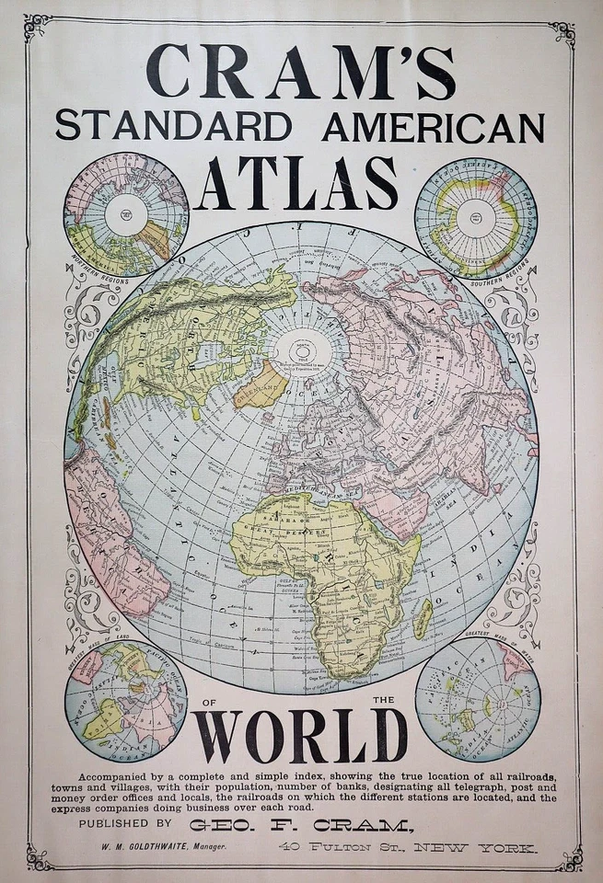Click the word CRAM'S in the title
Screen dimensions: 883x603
tap(300, 71)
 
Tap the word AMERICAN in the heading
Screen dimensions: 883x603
tap(433, 127)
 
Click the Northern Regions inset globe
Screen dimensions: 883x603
tap(125, 214)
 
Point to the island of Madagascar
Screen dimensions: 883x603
tap(423, 618)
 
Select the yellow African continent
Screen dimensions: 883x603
tap(318, 561)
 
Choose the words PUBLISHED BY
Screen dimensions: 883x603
tap(125, 824)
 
